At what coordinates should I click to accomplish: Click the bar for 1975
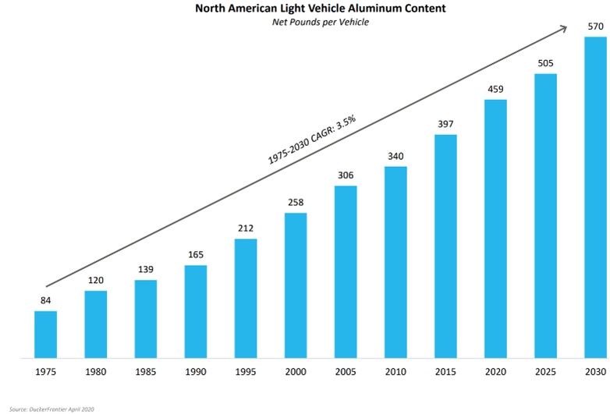pyautogui.click(x=45, y=334)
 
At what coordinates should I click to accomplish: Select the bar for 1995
pyautogui.click(x=246, y=299)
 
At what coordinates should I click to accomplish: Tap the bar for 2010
pyautogui.click(x=395, y=263)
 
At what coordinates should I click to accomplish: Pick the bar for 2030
pyautogui.click(x=595, y=197)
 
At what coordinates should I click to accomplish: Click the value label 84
pyautogui.click(x=45, y=300)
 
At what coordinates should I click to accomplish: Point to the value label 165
pyautogui.click(x=196, y=254)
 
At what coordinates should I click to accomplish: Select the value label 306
pyautogui.click(x=346, y=175)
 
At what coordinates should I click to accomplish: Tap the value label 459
pyautogui.click(x=495, y=88)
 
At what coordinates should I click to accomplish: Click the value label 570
pyautogui.click(x=595, y=26)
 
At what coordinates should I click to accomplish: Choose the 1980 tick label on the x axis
pyautogui.click(x=95, y=373)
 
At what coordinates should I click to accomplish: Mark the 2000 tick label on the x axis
pyautogui.click(x=296, y=373)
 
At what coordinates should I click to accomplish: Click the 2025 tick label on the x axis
pyautogui.click(x=545, y=373)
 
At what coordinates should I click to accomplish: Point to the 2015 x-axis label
pyautogui.click(x=445, y=373)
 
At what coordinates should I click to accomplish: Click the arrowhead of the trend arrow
pyautogui.click(x=563, y=29)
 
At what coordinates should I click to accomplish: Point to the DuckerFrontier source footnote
pyautogui.click(x=51, y=408)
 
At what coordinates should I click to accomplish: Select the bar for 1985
pyautogui.click(x=146, y=319)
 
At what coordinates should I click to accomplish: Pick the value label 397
pyautogui.click(x=445, y=124)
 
